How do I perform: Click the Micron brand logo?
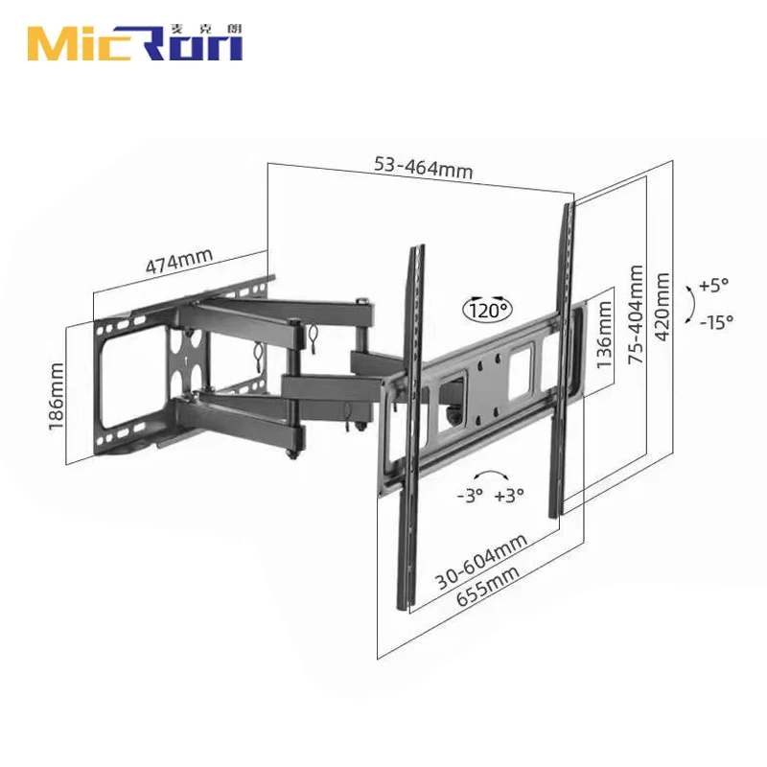[x=134, y=43]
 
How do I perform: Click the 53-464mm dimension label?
[x=423, y=168]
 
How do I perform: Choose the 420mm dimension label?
[x=661, y=302]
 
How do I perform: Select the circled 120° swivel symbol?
[x=489, y=309]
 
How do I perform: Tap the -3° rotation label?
[x=470, y=496]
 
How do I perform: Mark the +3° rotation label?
[x=511, y=496]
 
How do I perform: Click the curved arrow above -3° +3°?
[x=490, y=475]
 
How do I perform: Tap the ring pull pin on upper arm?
[x=314, y=336]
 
